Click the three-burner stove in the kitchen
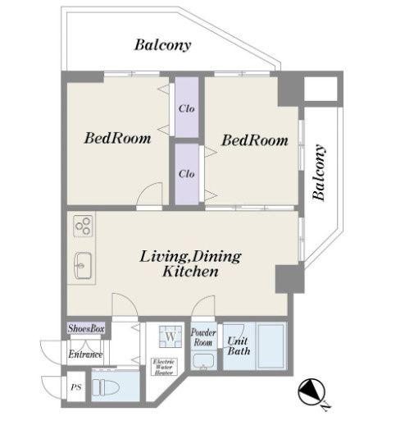click(x=83, y=226)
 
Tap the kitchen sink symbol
click(x=83, y=265)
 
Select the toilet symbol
click(x=106, y=387)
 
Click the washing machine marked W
click(x=171, y=336)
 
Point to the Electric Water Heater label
click(x=164, y=367)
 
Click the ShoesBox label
click(x=86, y=328)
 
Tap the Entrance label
click(x=85, y=355)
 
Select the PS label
click(x=76, y=387)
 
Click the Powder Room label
click(x=203, y=337)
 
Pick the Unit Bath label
click(x=239, y=346)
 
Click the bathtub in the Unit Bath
click(x=271, y=346)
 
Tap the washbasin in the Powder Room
click(x=203, y=362)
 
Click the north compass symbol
click(x=312, y=392)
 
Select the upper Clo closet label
click(x=187, y=108)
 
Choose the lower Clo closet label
click(x=187, y=174)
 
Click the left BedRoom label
click(x=117, y=138)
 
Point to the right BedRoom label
click(x=255, y=140)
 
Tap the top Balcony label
click(x=162, y=45)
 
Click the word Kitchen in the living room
click(x=190, y=272)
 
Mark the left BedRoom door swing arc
click(x=144, y=188)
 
